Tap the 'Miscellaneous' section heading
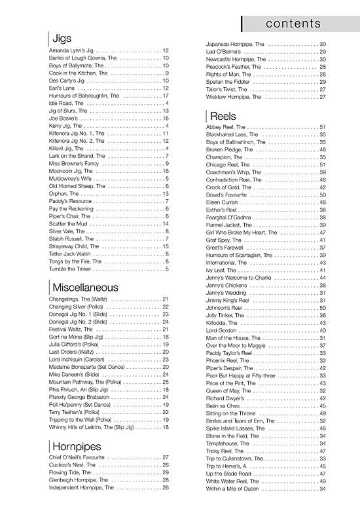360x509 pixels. pos(85,287)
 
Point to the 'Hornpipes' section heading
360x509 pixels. pos(76,445)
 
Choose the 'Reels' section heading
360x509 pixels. pos(223,114)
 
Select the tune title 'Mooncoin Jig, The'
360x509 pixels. pos(73,170)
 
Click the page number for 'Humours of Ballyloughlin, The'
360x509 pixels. pos(166,96)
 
